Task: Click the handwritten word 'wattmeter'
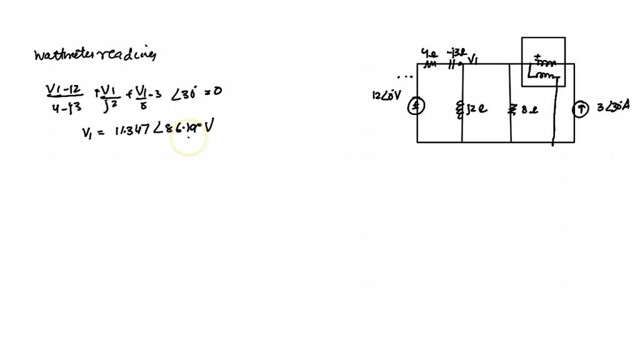(x=62, y=56)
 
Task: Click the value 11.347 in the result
(x=127, y=129)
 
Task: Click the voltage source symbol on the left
(x=417, y=108)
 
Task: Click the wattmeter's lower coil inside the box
(x=541, y=75)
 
